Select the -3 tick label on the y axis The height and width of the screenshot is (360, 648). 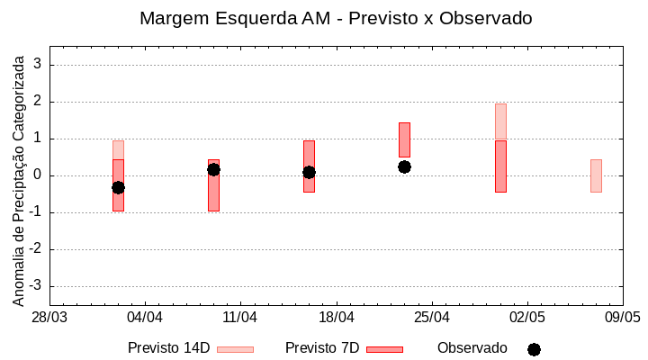(x=36, y=286)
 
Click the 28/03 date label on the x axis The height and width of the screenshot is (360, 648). (x=49, y=318)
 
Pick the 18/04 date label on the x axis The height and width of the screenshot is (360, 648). (x=336, y=318)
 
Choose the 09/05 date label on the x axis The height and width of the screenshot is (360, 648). (x=622, y=318)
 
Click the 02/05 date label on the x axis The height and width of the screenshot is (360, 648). (x=527, y=318)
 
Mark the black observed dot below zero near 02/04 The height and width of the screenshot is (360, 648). (x=118, y=187)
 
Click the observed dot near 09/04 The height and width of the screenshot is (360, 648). (x=213, y=169)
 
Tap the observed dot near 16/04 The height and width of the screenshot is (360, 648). (x=309, y=172)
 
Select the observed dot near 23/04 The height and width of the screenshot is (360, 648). (x=404, y=166)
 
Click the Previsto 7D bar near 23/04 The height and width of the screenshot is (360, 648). (x=404, y=139)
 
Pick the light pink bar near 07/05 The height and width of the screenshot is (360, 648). (x=596, y=175)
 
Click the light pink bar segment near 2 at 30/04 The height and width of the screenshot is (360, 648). (x=500, y=121)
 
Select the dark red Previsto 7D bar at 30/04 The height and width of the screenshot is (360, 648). (x=500, y=166)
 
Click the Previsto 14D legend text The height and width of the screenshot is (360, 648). (x=168, y=348)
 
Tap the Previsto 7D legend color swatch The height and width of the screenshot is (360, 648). (x=384, y=349)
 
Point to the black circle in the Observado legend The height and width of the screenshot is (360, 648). (x=534, y=349)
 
